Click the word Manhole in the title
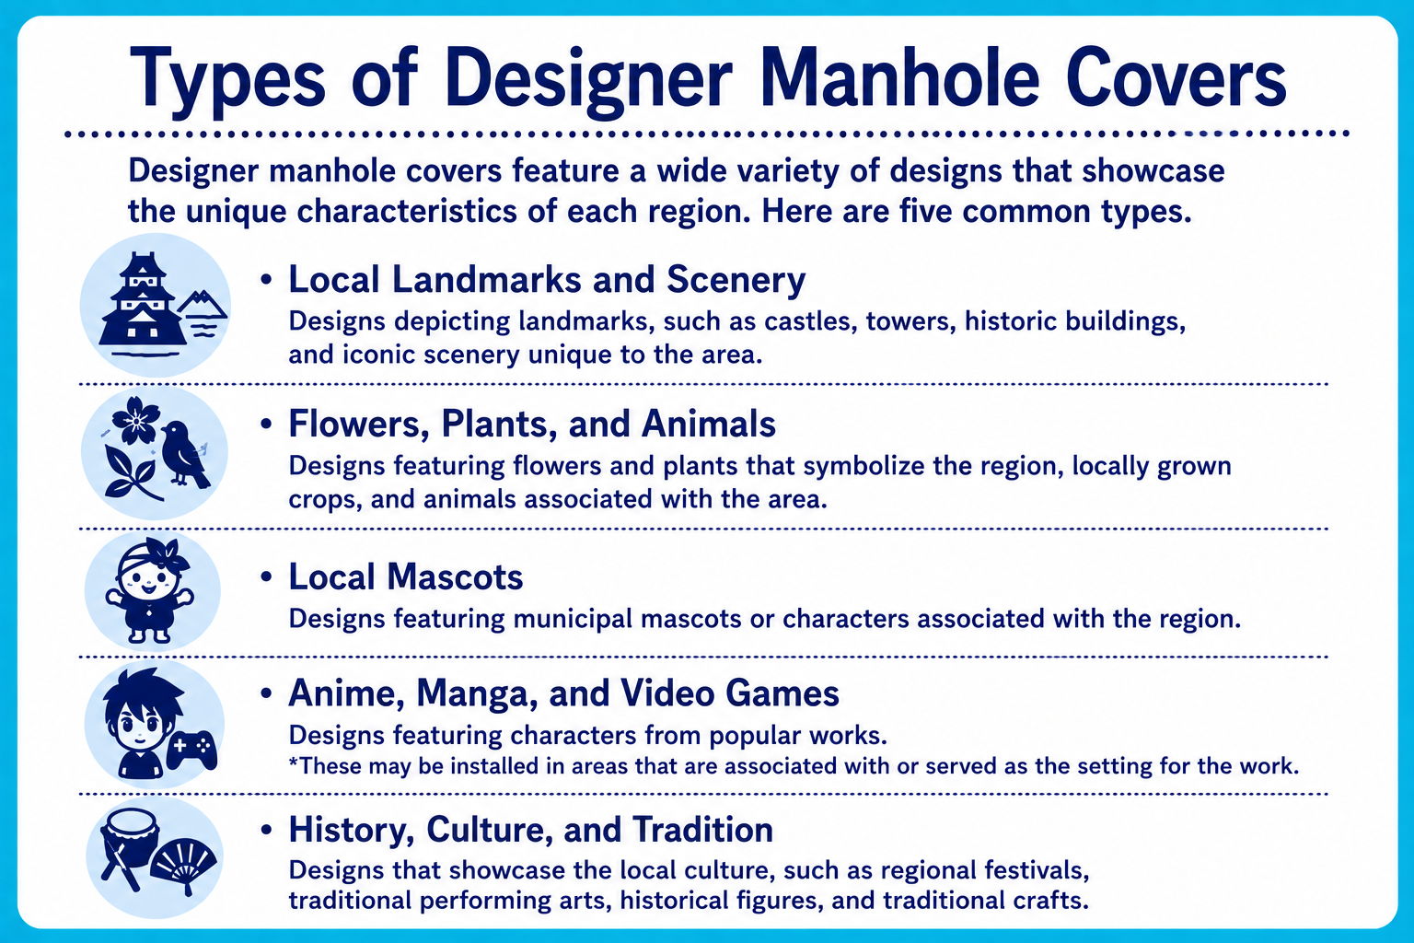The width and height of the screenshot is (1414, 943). click(900, 80)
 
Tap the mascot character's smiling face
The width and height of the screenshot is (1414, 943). click(147, 581)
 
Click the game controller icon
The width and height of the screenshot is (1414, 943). click(191, 751)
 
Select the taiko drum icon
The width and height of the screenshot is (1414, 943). click(129, 839)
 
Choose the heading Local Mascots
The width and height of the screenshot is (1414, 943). click(406, 577)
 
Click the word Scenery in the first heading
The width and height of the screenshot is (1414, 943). click(736, 280)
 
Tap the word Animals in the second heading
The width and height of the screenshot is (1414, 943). click(709, 424)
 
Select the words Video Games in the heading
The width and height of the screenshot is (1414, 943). click(730, 693)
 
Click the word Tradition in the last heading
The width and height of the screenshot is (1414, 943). click(702, 830)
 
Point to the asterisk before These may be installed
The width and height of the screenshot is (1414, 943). click(293, 761)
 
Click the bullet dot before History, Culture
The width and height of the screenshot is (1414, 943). click(266, 830)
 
